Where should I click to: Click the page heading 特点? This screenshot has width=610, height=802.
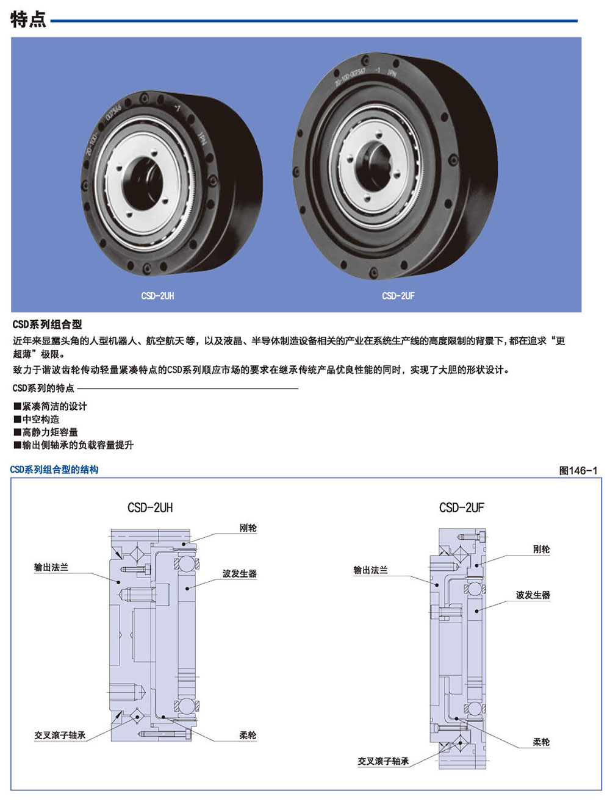tap(28, 20)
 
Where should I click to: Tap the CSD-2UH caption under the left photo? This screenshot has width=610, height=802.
tap(157, 296)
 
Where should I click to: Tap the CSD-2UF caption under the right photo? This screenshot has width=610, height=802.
tap(398, 296)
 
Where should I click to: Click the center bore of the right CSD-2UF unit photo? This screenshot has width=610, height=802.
tap(374, 166)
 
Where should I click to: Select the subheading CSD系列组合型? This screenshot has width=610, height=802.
tap(47, 324)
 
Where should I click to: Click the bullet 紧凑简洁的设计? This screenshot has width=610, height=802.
tap(51, 406)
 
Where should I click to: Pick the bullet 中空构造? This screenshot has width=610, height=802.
tap(37, 419)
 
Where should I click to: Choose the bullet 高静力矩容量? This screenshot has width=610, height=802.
tap(46, 432)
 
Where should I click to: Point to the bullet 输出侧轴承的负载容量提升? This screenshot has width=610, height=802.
tap(73, 445)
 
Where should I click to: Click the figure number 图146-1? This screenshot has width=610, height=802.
tap(578, 470)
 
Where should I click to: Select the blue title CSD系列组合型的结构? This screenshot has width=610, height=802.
tap(54, 470)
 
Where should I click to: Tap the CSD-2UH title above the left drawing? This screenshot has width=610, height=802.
tap(150, 507)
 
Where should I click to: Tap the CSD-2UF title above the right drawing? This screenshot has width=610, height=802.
tap(462, 507)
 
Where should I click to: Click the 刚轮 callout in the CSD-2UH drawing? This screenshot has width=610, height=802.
tap(248, 528)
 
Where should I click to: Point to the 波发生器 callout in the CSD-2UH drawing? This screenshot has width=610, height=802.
tap(240, 574)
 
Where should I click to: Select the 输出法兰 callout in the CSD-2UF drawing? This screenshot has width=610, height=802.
tap(370, 570)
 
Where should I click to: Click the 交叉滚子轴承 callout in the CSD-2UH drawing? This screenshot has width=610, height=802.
tap(60, 735)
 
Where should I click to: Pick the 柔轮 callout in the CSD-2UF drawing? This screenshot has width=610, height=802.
tap(541, 742)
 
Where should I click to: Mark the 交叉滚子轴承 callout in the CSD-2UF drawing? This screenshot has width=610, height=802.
tap(383, 761)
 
